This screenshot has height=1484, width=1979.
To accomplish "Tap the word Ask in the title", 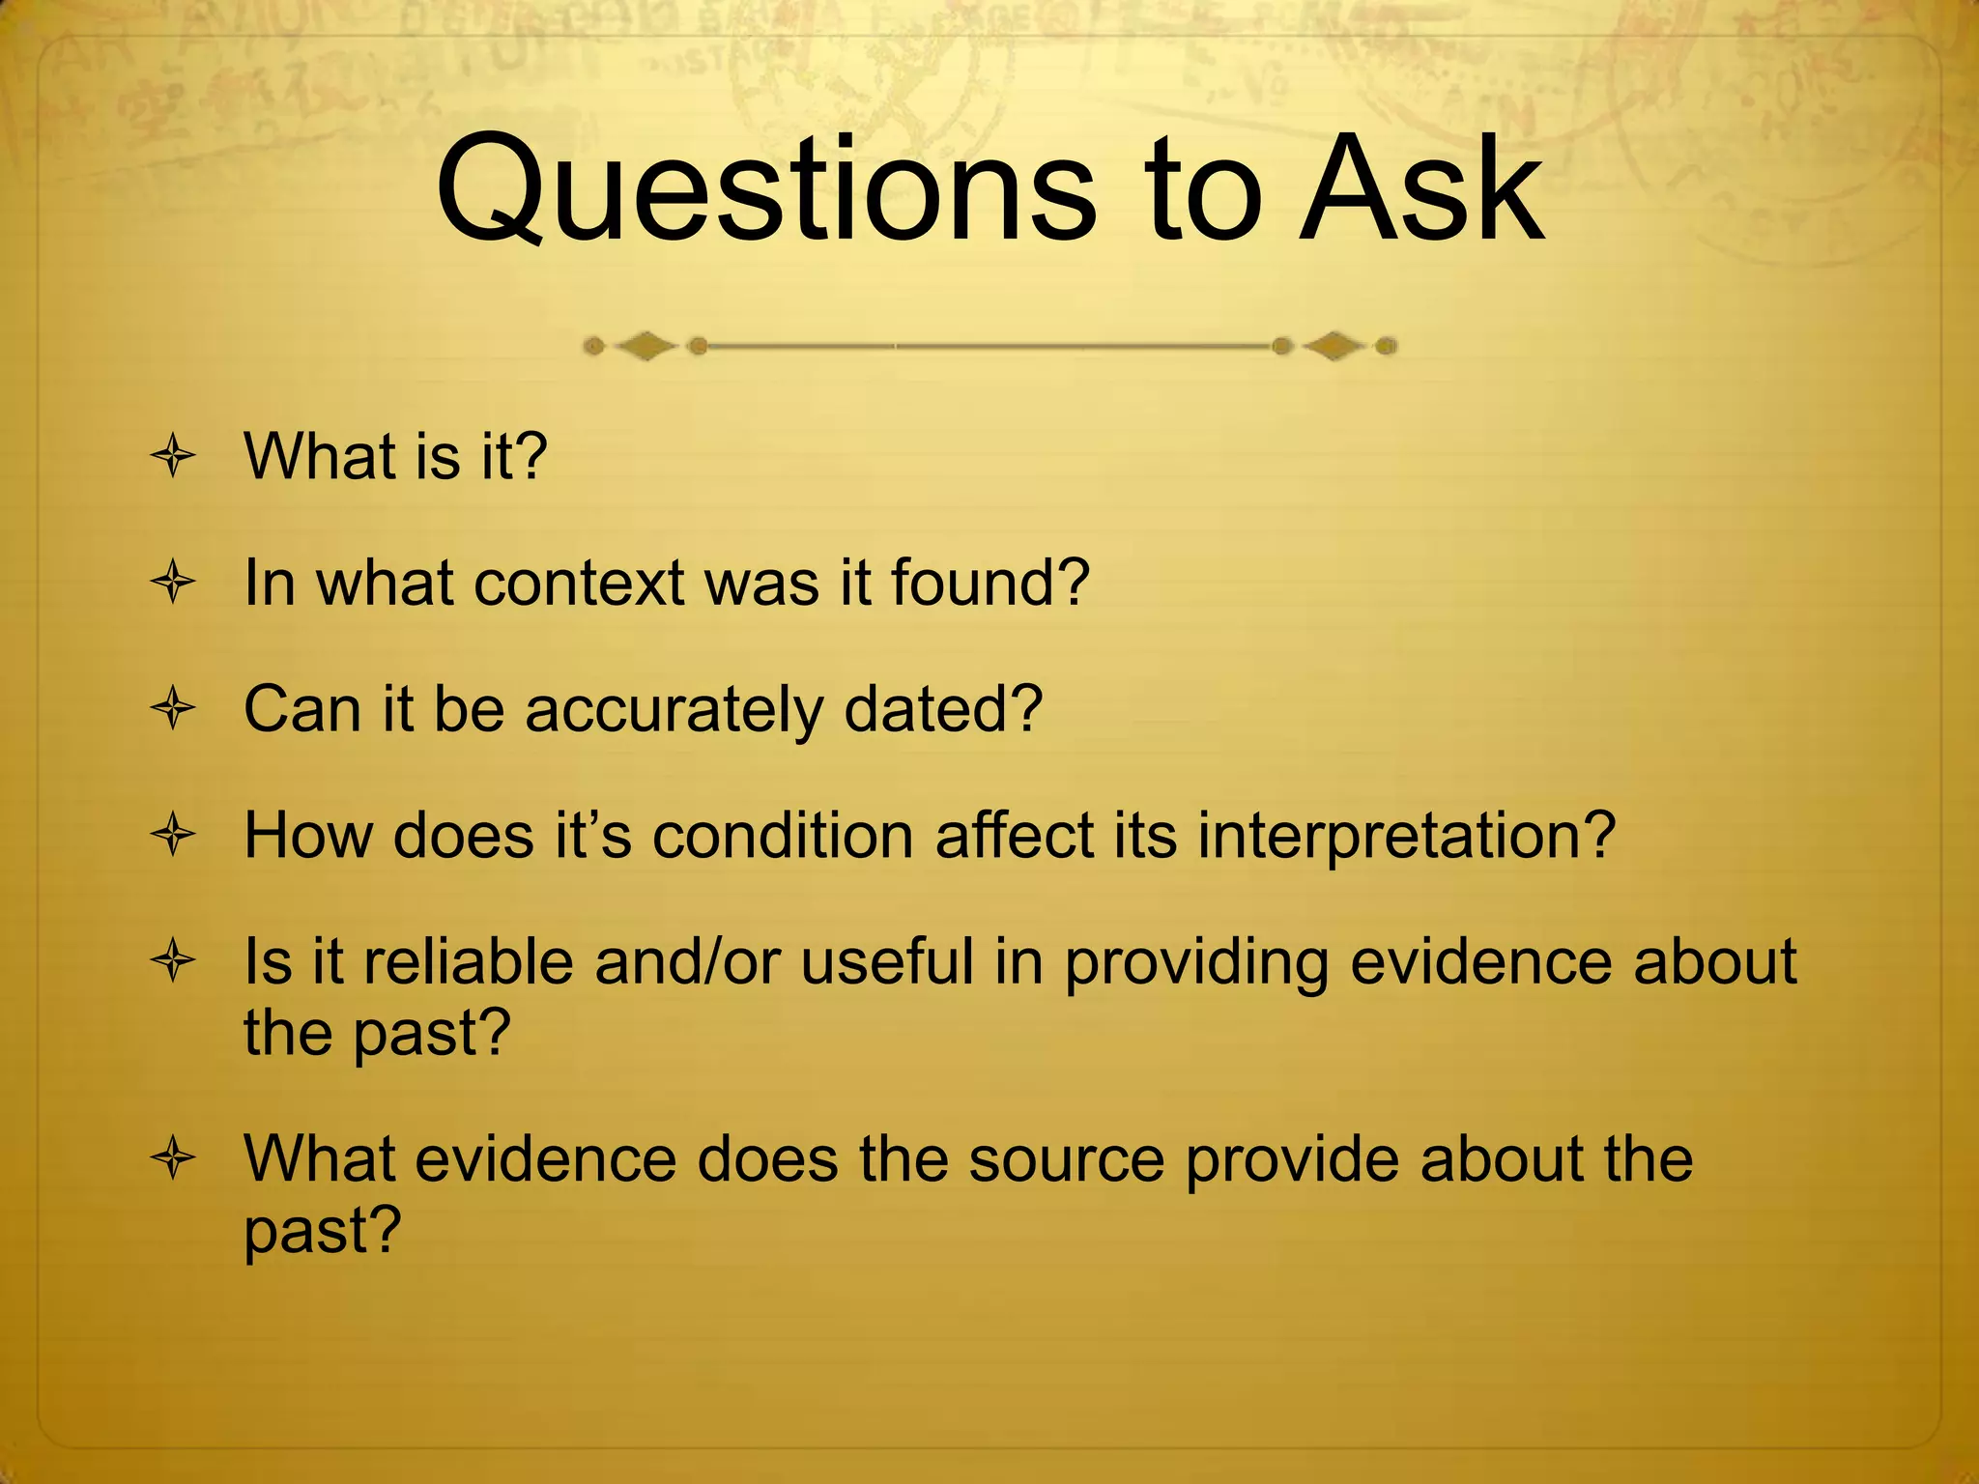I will click(1420, 190).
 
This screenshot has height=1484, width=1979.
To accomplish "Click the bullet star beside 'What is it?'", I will click(174, 456).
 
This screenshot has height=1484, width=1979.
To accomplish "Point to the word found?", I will click(989, 584).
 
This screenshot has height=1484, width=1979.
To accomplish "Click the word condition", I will click(783, 835).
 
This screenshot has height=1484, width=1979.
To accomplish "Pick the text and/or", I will click(687, 962).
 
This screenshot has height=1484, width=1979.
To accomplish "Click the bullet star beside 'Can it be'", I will click(174, 710).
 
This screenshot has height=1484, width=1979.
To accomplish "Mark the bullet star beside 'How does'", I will click(174, 836).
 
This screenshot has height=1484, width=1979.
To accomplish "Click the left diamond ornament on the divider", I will click(645, 345).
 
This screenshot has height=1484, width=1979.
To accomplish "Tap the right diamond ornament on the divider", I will click(1334, 345).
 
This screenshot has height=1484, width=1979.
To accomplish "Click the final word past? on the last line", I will click(322, 1231).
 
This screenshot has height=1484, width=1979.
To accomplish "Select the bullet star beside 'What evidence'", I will click(174, 1159).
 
